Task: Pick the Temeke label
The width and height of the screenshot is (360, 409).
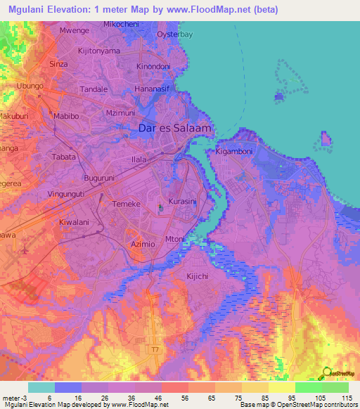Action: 127,203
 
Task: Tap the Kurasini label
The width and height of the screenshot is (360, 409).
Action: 181,201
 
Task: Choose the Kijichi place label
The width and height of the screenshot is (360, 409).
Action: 199,276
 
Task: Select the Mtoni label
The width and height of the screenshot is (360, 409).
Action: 174,239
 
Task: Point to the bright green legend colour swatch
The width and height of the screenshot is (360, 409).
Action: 308,387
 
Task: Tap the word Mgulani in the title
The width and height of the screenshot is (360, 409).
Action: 30,10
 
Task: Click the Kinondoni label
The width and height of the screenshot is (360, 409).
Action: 153,66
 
